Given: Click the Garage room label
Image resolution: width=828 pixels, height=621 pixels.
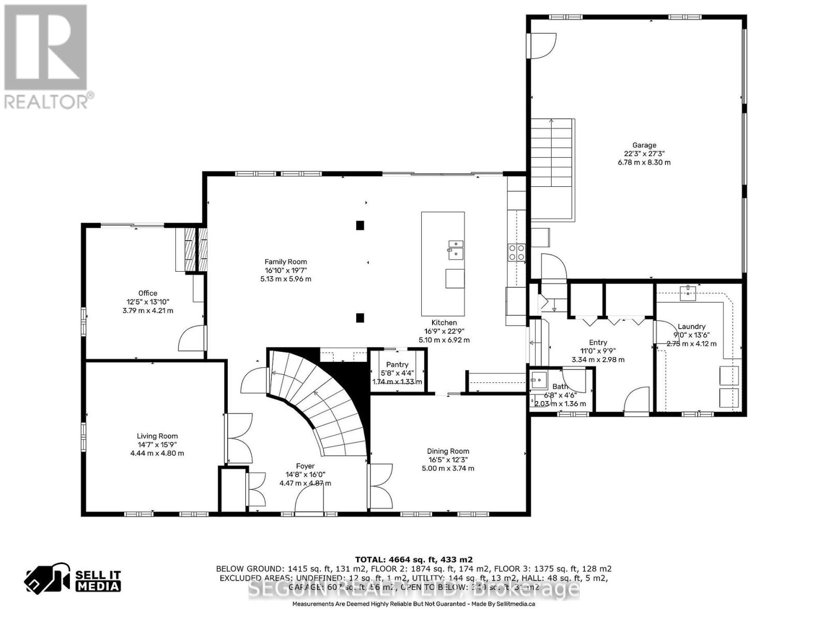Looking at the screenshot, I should (x=644, y=145).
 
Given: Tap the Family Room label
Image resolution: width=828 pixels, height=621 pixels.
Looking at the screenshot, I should (x=286, y=262).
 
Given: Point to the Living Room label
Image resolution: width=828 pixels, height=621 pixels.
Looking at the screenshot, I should (x=157, y=436).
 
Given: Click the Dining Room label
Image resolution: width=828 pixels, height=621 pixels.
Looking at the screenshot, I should (x=448, y=451).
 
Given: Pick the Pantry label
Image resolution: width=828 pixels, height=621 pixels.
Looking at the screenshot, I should (x=397, y=364).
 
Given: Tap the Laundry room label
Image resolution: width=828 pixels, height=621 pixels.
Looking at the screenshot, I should (x=691, y=327).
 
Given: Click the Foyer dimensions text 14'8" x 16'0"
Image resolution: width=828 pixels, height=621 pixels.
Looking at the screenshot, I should (x=305, y=475).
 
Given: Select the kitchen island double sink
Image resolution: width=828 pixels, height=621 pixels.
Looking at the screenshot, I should (x=455, y=248).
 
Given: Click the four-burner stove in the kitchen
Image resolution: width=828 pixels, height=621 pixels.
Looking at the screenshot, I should (x=516, y=252).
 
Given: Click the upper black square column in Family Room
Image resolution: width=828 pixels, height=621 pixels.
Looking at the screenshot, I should (x=360, y=225).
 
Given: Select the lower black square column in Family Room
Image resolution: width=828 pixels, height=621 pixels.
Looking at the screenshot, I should (x=360, y=318).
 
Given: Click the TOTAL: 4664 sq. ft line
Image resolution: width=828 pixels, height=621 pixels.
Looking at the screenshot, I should (x=413, y=559).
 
